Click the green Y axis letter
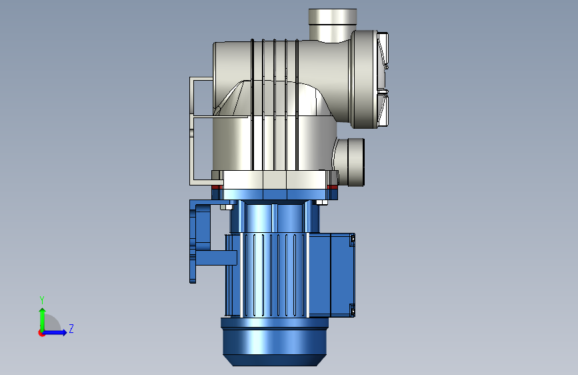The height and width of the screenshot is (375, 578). [x=42, y=300]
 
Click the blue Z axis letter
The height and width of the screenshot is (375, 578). [x=71, y=328]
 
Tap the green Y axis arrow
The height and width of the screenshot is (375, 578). [x=43, y=320]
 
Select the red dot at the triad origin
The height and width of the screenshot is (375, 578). [x=41, y=333]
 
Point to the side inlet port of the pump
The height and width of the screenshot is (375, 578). [x=350, y=162]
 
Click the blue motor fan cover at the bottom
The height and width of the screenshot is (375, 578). [x=275, y=342]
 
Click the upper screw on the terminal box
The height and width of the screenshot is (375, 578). [x=352, y=240]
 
